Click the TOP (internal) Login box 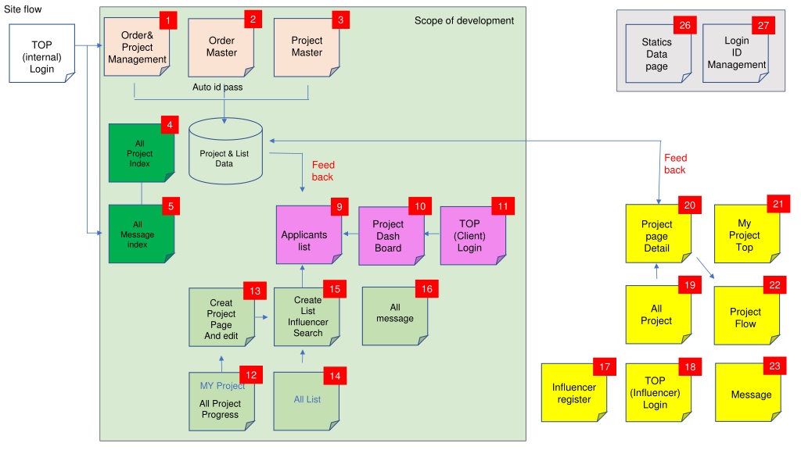click(x=42, y=53)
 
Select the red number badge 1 click(x=168, y=20)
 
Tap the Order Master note click(x=221, y=48)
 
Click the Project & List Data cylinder click(x=226, y=151)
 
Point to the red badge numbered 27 click(x=763, y=26)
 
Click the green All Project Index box click(x=142, y=153)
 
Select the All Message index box click(x=142, y=234)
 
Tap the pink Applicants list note click(x=309, y=235)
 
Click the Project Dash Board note click(x=391, y=236)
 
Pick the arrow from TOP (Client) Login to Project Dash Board click(x=432, y=234)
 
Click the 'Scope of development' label click(x=464, y=21)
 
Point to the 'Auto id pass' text click(x=217, y=87)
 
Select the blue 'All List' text click(x=307, y=399)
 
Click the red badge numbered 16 click(x=426, y=289)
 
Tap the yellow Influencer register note click(x=574, y=393)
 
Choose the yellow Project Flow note click(x=747, y=316)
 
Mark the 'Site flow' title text click(x=23, y=9)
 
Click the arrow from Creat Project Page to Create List click(x=261, y=317)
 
